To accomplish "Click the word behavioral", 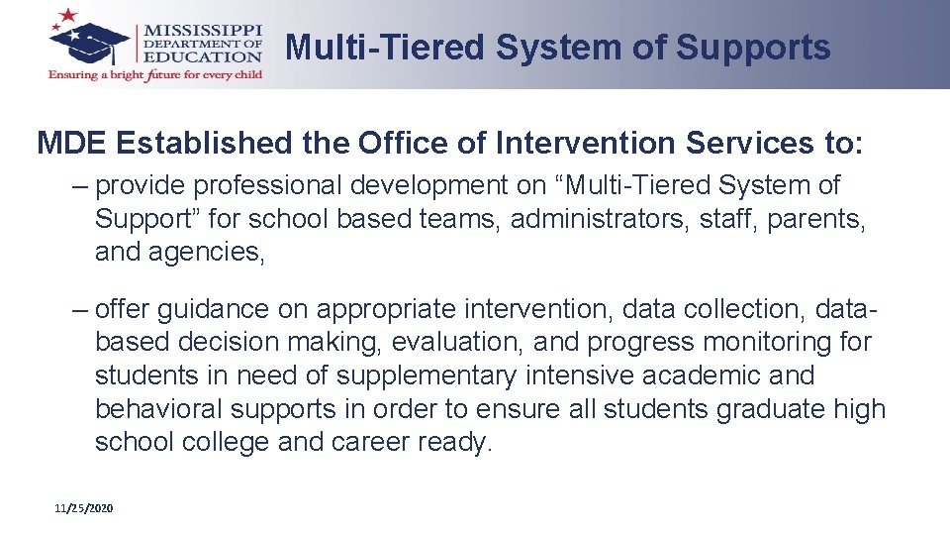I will [161, 409].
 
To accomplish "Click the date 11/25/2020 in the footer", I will [84, 508].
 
